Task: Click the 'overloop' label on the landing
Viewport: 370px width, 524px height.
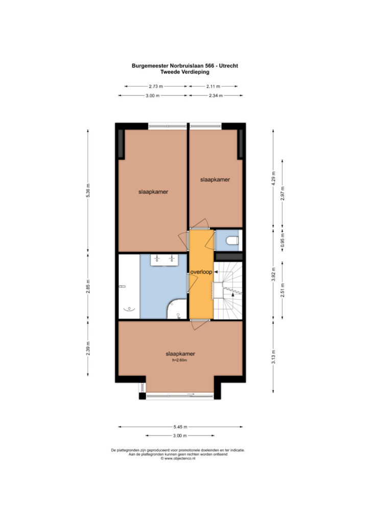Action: pyautogui.click(x=201, y=272)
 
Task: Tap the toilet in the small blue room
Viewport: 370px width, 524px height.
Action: pyautogui.click(x=233, y=241)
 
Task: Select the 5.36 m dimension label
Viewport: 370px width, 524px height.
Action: pyautogui.click(x=88, y=190)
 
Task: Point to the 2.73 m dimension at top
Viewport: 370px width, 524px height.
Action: pyautogui.click(x=156, y=86)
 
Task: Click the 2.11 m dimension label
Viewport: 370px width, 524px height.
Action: pyautogui.click(x=213, y=86)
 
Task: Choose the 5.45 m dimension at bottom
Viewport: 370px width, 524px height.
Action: pyautogui.click(x=180, y=427)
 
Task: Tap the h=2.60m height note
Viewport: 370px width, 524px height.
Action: pyautogui.click(x=179, y=360)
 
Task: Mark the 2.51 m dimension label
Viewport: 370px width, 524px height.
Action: pyautogui.click(x=283, y=290)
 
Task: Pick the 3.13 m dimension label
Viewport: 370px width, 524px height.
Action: pyautogui.click(x=273, y=357)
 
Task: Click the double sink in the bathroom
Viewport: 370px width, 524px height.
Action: pyautogui.click(x=164, y=260)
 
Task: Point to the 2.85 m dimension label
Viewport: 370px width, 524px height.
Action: pyautogui.click(x=88, y=287)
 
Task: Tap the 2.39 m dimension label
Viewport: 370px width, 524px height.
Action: pyautogui.click(x=88, y=348)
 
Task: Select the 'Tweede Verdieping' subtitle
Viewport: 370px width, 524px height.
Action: pyautogui.click(x=185, y=72)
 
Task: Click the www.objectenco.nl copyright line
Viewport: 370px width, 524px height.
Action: pyautogui.click(x=178, y=458)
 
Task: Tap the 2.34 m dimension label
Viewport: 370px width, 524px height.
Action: pyautogui.click(x=216, y=96)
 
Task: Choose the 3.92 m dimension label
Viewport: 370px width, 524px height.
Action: pyautogui.click(x=273, y=274)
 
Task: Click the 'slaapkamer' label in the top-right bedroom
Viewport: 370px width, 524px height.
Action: pyautogui.click(x=215, y=180)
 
